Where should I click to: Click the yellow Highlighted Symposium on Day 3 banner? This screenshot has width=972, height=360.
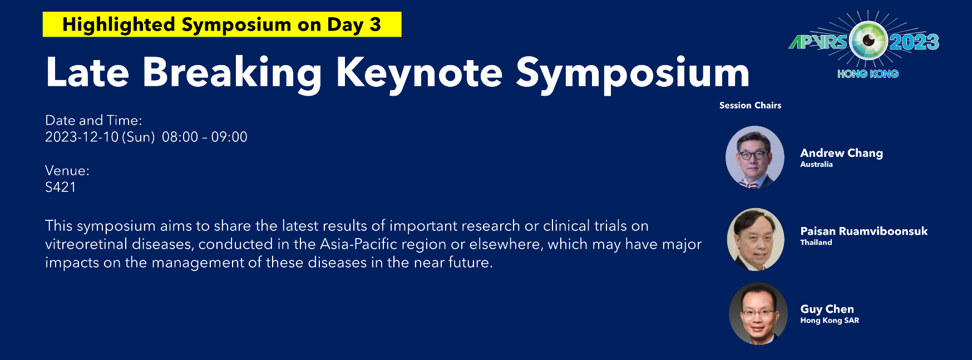point(222,24)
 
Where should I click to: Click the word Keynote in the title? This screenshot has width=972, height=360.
point(419,73)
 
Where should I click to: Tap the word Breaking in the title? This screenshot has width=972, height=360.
point(232,73)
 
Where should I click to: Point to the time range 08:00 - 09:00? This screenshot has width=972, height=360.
point(205,137)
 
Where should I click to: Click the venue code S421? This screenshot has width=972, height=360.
point(61,187)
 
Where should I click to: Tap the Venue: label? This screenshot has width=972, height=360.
point(67,170)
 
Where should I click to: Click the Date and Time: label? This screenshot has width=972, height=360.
point(93,120)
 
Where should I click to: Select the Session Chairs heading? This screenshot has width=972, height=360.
point(750,105)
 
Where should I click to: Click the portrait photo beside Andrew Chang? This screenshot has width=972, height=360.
point(755,157)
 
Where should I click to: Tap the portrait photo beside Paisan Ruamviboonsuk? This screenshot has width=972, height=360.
point(756,239)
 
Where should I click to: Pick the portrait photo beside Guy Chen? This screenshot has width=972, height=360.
point(758,314)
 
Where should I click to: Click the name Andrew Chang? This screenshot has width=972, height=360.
point(841,153)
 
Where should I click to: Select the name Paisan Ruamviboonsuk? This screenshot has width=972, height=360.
point(864,231)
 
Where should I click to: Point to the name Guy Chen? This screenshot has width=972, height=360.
point(827,309)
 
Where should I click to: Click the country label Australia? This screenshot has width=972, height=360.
point(816,164)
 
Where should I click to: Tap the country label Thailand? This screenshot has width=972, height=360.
point(816,242)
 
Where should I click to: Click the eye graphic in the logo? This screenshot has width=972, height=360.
point(868,40)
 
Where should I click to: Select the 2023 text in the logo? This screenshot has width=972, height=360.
point(914,42)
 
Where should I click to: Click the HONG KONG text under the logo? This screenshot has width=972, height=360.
point(868,73)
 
